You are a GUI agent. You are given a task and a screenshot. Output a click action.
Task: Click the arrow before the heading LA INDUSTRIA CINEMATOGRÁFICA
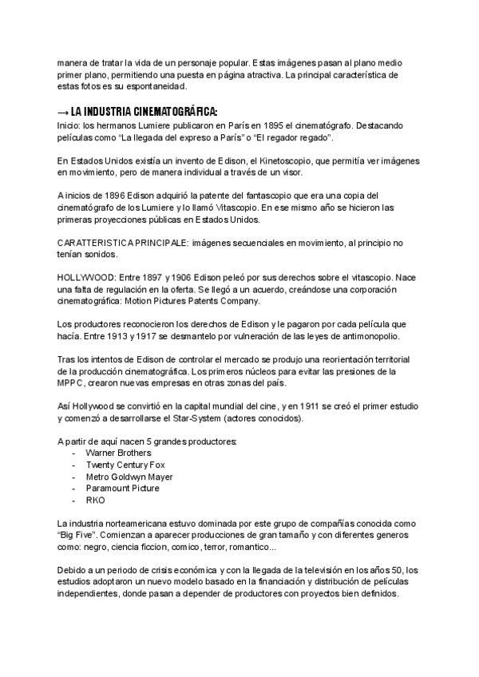coord(63,111)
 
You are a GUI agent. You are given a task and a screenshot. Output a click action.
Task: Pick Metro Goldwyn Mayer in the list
coord(129,477)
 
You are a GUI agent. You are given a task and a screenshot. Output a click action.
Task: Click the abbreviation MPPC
coord(73,383)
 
